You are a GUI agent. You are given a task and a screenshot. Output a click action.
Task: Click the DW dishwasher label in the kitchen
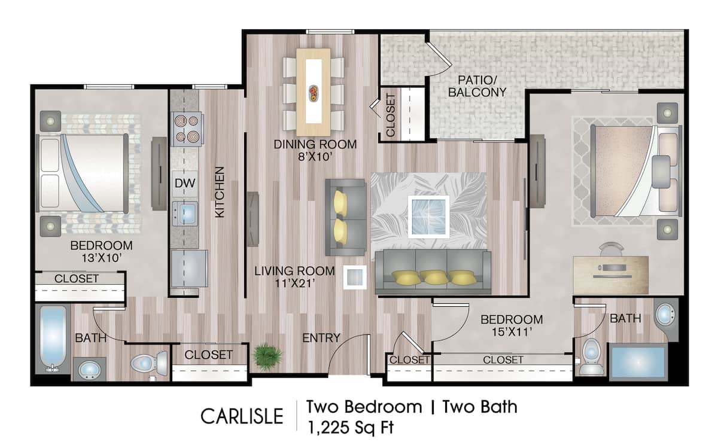click(184, 183)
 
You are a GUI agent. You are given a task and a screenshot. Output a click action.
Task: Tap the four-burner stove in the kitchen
click(187, 129)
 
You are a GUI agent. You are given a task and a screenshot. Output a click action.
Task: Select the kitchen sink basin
click(187, 212)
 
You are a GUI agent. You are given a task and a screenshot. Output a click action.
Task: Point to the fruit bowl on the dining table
click(314, 92)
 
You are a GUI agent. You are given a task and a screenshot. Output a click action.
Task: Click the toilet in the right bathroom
click(591, 358)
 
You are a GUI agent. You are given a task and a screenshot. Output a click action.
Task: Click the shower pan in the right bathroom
click(638, 361)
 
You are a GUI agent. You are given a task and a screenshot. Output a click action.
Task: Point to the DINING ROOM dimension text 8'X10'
click(315, 158)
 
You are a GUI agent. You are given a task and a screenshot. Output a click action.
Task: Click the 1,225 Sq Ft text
click(351, 427)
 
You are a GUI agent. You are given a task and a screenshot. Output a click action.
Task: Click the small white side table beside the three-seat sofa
click(355, 278)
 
